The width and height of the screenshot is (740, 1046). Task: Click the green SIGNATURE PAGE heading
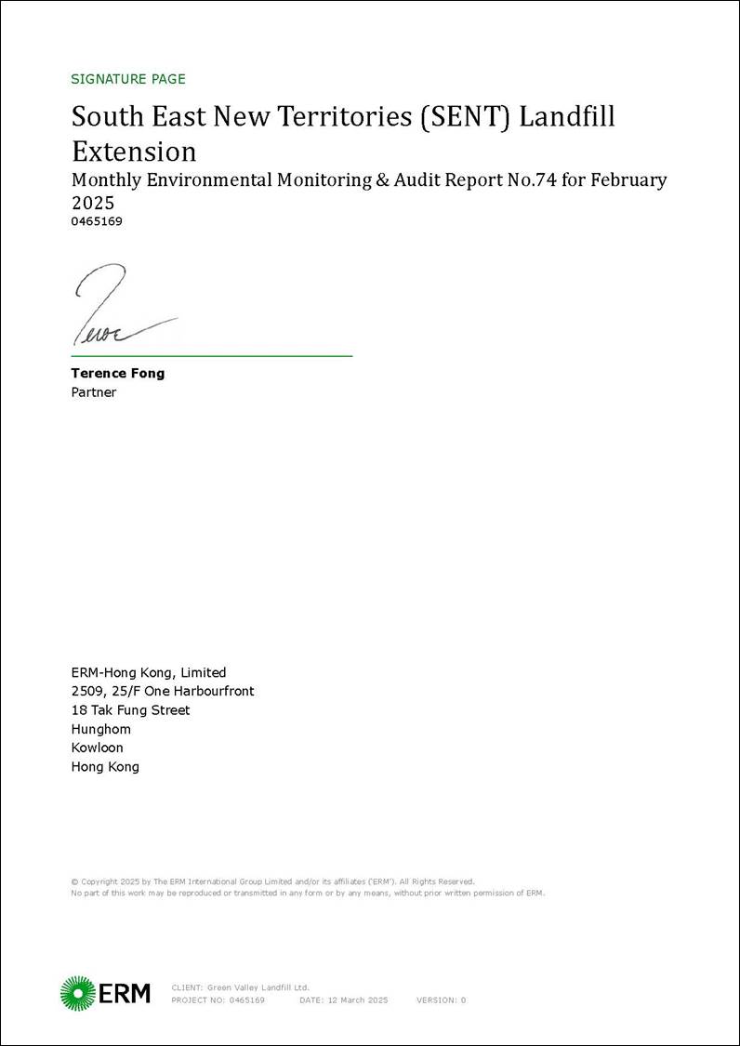(x=128, y=79)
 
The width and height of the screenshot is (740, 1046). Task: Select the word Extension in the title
(x=134, y=152)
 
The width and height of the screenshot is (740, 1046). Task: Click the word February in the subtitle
(x=624, y=180)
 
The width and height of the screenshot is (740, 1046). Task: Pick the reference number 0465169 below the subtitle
(x=97, y=221)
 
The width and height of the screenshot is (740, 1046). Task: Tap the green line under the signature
(x=212, y=355)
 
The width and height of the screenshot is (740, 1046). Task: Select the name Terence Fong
(x=117, y=373)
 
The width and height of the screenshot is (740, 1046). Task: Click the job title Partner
(x=94, y=392)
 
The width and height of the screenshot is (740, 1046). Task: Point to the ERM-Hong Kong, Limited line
(x=149, y=672)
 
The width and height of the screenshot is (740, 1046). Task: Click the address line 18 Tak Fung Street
(x=130, y=710)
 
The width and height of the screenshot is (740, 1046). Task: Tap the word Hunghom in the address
(x=101, y=729)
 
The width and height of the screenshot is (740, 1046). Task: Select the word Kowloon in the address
(x=97, y=748)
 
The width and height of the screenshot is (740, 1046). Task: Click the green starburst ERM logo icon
(x=78, y=993)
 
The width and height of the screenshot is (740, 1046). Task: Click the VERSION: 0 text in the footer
(x=441, y=1000)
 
